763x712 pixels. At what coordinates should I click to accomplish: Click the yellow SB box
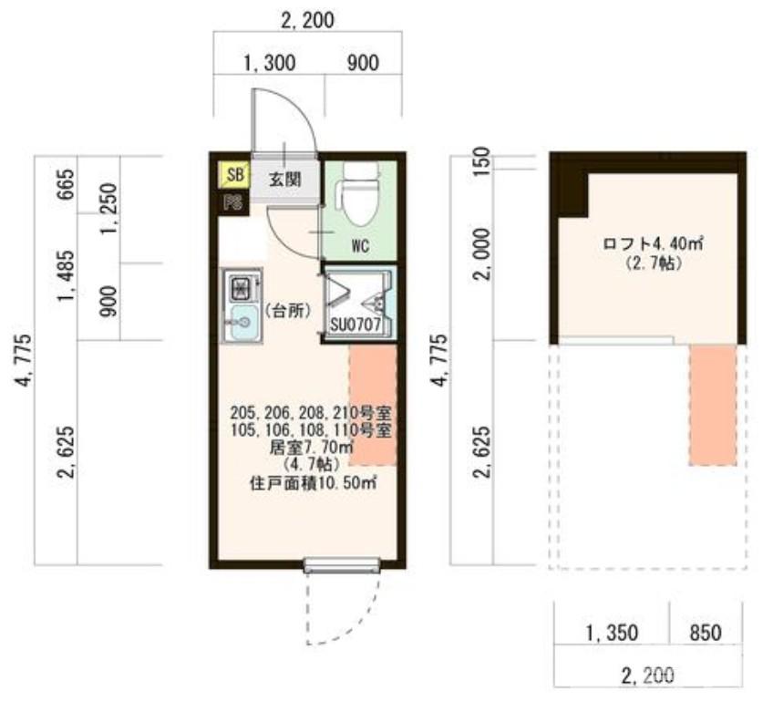pyautogui.click(x=233, y=175)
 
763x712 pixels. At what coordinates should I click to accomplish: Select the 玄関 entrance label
pyautogui.click(x=285, y=180)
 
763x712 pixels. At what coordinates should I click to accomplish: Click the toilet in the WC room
pyautogui.click(x=361, y=193)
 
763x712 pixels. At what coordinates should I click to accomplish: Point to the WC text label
pyautogui.click(x=361, y=246)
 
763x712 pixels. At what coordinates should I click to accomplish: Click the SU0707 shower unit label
pyautogui.click(x=356, y=325)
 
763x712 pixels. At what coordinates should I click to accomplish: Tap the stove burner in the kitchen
pyautogui.click(x=241, y=287)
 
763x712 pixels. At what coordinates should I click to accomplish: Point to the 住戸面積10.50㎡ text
pyautogui.click(x=314, y=483)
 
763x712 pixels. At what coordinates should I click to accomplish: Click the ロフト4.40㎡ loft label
pyautogui.click(x=653, y=243)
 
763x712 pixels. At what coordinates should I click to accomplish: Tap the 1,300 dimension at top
pyautogui.click(x=269, y=63)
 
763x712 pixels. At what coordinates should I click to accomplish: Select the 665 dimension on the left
pyautogui.click(x=66, y=184)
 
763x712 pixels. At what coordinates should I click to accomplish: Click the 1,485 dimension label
pyautogui.click(x=66, y=275)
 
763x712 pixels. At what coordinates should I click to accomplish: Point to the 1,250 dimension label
pyautogui.click(x=108, y=208)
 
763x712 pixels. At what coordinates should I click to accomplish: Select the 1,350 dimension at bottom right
pyautogui.click(x=612, y=634)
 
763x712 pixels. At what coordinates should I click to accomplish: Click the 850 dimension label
pyautogui.click(x=706, y=633)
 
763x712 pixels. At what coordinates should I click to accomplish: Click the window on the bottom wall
pyautogui.click(x=342, y=565)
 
